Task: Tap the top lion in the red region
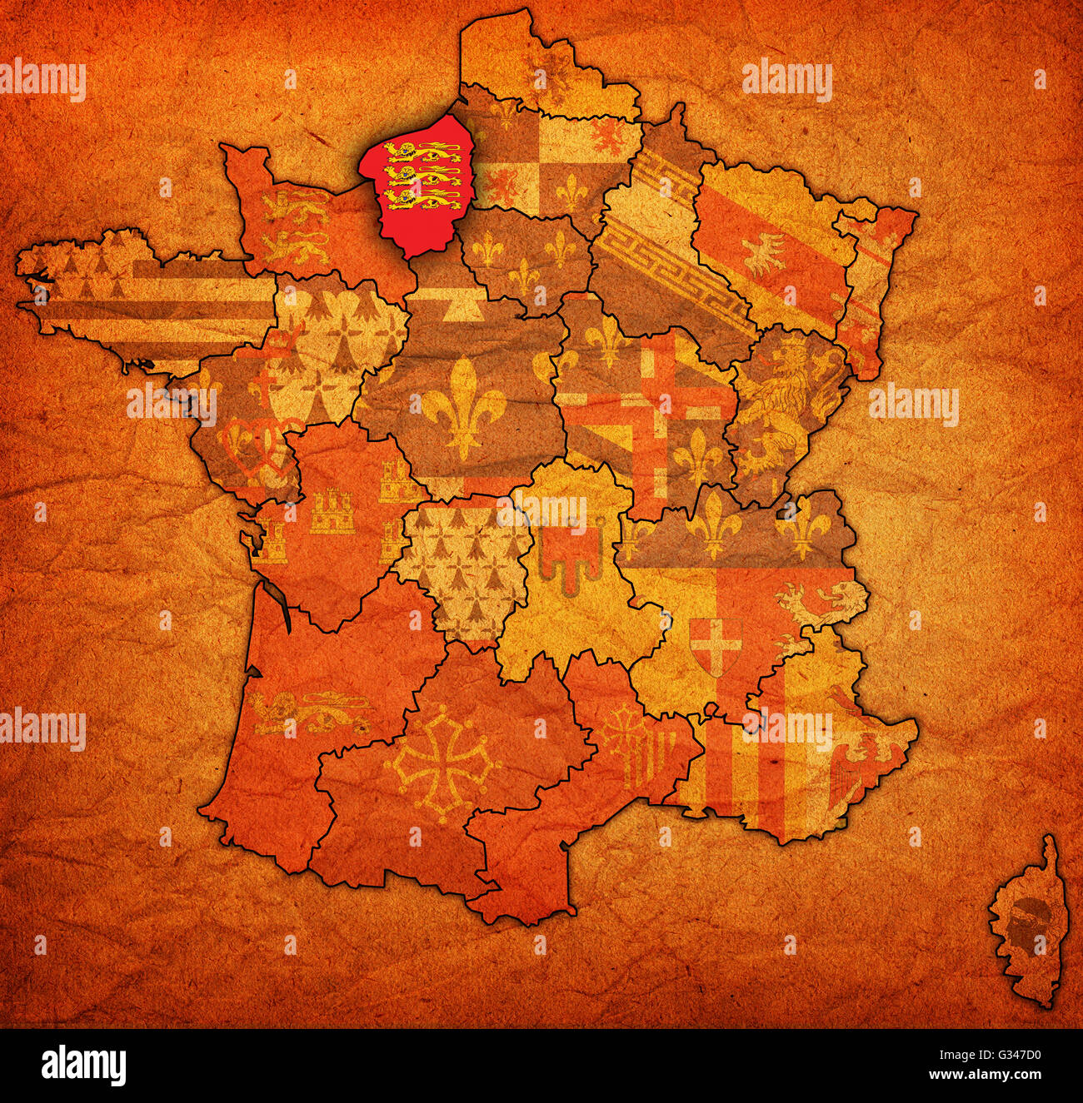422,152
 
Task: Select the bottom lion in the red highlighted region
422,199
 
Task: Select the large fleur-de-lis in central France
463,407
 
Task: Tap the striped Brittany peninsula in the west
142,300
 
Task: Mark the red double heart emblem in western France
250,450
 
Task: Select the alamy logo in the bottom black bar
84,1065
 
